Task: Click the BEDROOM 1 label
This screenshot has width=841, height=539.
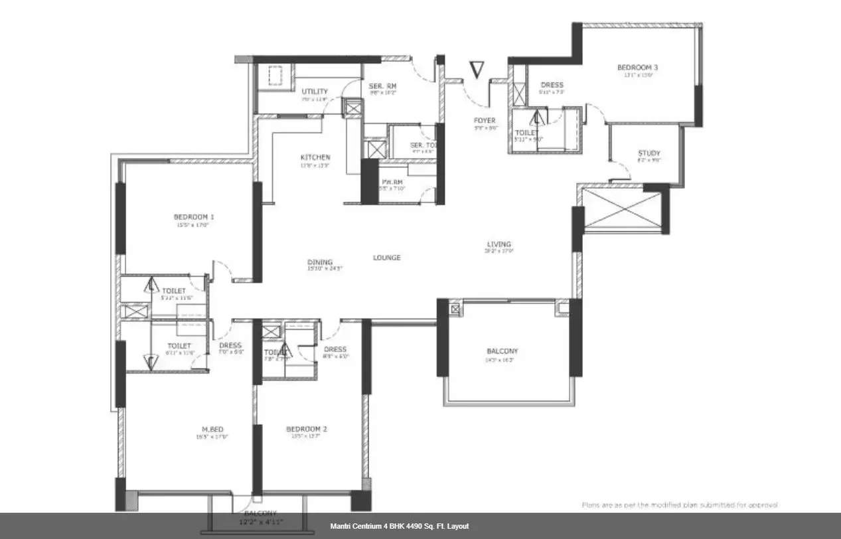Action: coord(193,217)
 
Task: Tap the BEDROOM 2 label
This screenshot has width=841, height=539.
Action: coord(306,429)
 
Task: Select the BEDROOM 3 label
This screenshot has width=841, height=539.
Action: coord(637,68)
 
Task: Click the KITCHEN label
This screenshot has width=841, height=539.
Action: coord(315,157)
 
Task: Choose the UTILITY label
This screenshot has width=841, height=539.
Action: coord(315,92)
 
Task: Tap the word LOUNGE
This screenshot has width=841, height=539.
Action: coord(386,258)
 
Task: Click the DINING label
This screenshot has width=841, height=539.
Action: coord(320,262)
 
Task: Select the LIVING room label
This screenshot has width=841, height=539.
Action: coord(498,244)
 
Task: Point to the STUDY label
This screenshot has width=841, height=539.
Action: coord(649,153)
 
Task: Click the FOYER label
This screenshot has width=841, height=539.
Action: coord(485,121)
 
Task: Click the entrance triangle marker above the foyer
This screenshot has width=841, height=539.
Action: coord(477,69)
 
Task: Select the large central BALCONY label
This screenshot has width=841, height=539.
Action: coord(502,351)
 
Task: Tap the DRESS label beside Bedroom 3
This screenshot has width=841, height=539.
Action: coord(552,85)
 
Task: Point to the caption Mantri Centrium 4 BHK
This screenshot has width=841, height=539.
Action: coord(399,526)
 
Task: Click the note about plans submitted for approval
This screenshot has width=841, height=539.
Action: coord(679,505)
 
